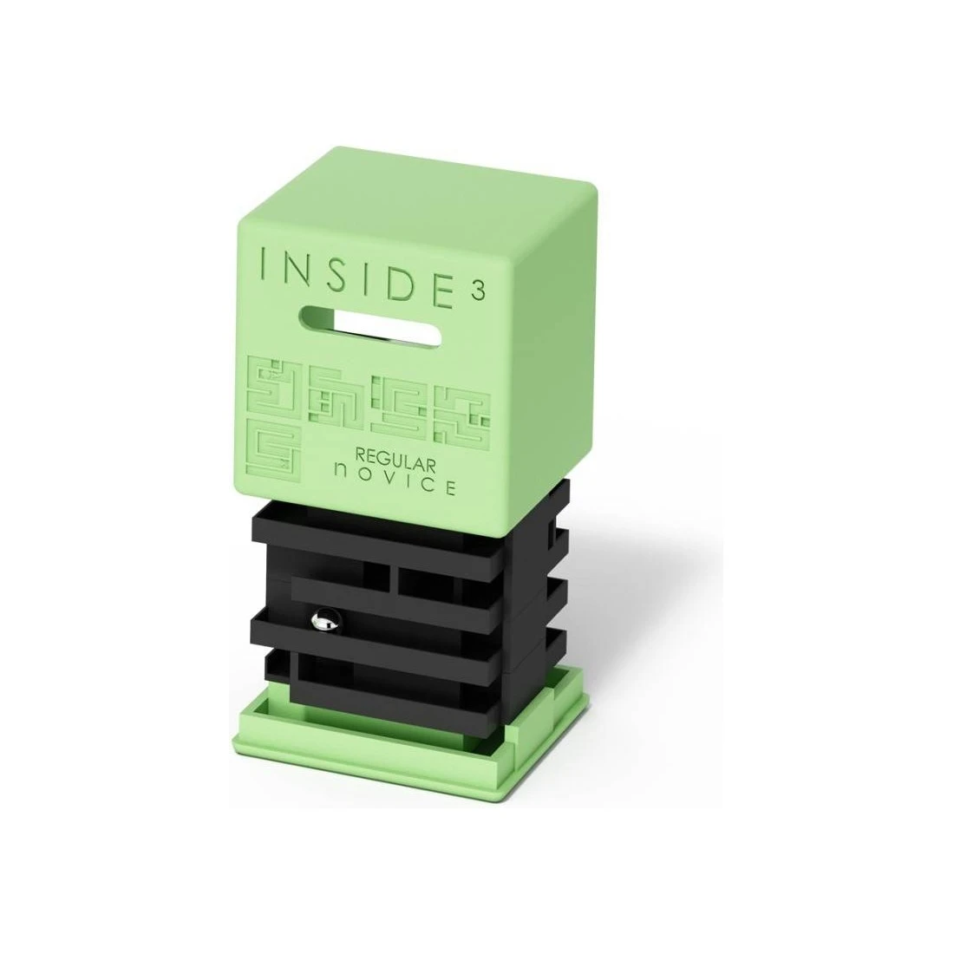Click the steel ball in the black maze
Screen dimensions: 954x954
pos(323,621)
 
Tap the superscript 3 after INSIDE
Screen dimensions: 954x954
pos(479,291)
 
